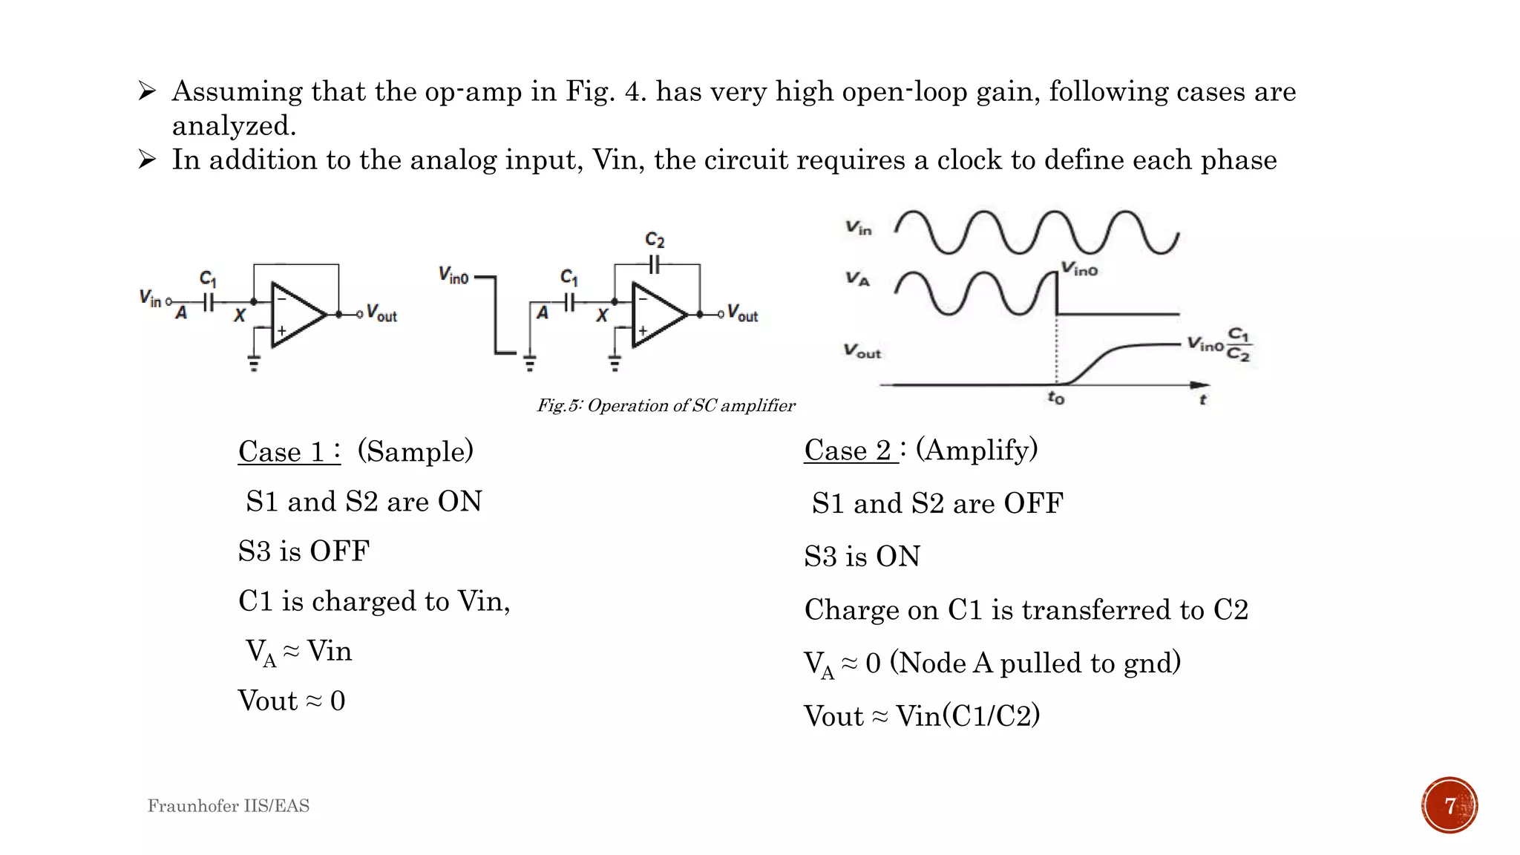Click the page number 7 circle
pyautogui.click(x=1449, y=805)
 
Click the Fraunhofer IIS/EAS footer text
pyautogui.click(x=228, y=806)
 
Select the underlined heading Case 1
pyautogui.click(x=289, y=451)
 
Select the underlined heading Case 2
pyautogui.click(x=851, y=450)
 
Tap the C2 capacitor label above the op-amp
pyautogui.click(x=654, y=240)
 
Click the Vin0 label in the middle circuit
pyautogui.click(x=453, y=276)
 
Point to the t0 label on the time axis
pyautogui.click(x=1055, y=399)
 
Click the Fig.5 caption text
pyautogui.click(x=666, y=405)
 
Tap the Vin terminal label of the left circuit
pyautogui.click(x=150, y=298)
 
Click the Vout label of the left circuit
pyautogui.click(x=381, y=314)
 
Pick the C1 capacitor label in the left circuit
pyautogui.click(x=208, y=279)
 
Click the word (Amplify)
pyautogui.click(x=977, y=450)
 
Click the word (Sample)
pyautogui.click(x=415, y=451)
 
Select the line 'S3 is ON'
pyautogui.click(x=862, y=557)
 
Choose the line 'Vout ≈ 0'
pyautogui.click(x=292, y=701)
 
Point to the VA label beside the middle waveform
pyautogui.click(x=857, y=279)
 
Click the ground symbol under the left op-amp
pyautogui.click(x=254, y=364)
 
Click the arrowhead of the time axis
pyautogui.click(x=1200, y=385)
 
